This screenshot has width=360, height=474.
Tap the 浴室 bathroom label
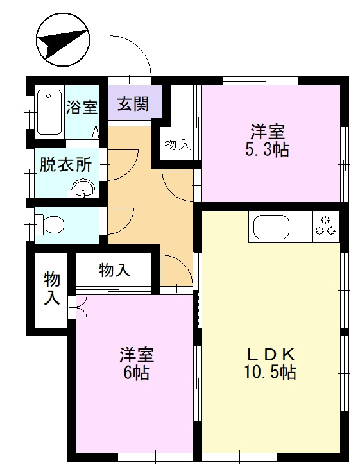[x=82, y=107]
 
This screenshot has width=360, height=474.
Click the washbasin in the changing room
[x=83, y=189]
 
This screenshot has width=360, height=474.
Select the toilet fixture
[x=49, y=224]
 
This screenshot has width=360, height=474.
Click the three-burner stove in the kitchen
[x=325, y=226]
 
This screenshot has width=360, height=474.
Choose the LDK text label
[x=270, y=353]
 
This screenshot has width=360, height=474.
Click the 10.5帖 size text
[x=270, y=372]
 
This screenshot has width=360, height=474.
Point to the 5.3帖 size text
[x=268, y=151]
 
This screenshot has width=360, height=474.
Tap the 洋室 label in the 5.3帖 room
[x=268, y=132]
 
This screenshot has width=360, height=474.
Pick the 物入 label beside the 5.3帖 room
[x=178, y=144]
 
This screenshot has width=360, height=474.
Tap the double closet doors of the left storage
[x=80, y=308]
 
